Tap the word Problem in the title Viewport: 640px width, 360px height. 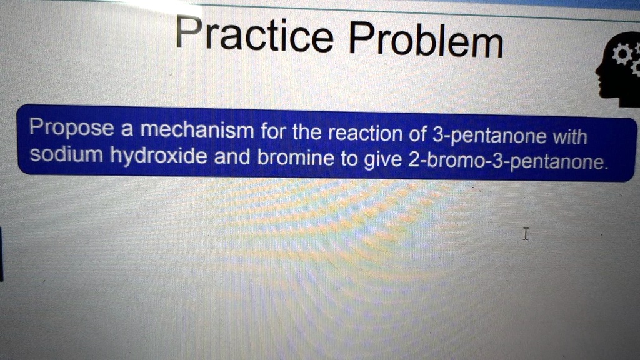424,41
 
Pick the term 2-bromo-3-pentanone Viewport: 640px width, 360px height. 506,163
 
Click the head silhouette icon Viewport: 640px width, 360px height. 619,72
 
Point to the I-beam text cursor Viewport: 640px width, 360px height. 526,234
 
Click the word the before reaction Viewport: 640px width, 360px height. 307,132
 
